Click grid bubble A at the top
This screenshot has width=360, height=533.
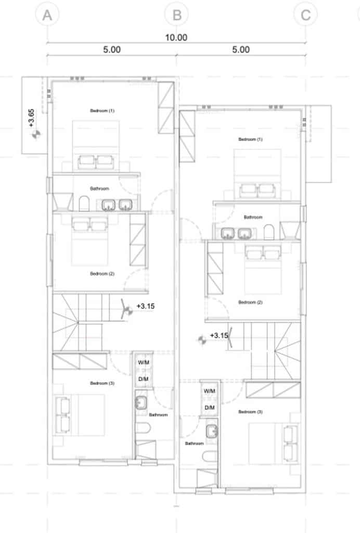click(x=47, y=15)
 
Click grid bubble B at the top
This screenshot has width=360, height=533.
click(x=176, y=15)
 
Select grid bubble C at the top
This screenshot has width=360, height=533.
click(x=306, y=15)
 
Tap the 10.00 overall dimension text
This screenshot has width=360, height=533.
click(x=176, y=37)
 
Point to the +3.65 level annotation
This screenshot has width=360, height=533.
click(x=31, y=118)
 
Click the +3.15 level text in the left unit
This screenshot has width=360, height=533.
click(x=145, y=306)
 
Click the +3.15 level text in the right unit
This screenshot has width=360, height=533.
click(x=219, y=336)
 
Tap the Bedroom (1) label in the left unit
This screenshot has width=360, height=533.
click(x=102, y=110)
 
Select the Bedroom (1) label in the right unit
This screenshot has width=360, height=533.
click(x=250, y=139)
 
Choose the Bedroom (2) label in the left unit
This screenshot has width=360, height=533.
click(x=102, y=274)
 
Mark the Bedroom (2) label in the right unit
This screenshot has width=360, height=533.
click(x=250, y=302)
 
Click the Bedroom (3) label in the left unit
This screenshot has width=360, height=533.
click(x=102, y=383)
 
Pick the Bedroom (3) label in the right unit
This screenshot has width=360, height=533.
click(x=250, y=412)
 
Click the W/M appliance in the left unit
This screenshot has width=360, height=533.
click(x=143, y=362)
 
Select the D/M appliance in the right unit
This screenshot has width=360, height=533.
click(x=210, y=408)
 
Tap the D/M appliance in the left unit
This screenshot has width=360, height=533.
click(x=143, y=379)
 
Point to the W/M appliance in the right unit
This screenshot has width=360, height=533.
click(x=210, y=391)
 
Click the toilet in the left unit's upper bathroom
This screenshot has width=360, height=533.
click(x=84, y=204)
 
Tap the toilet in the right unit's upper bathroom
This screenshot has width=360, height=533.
click(x=268, y=232)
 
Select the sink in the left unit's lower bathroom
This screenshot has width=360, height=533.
click(x=141, y=403)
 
